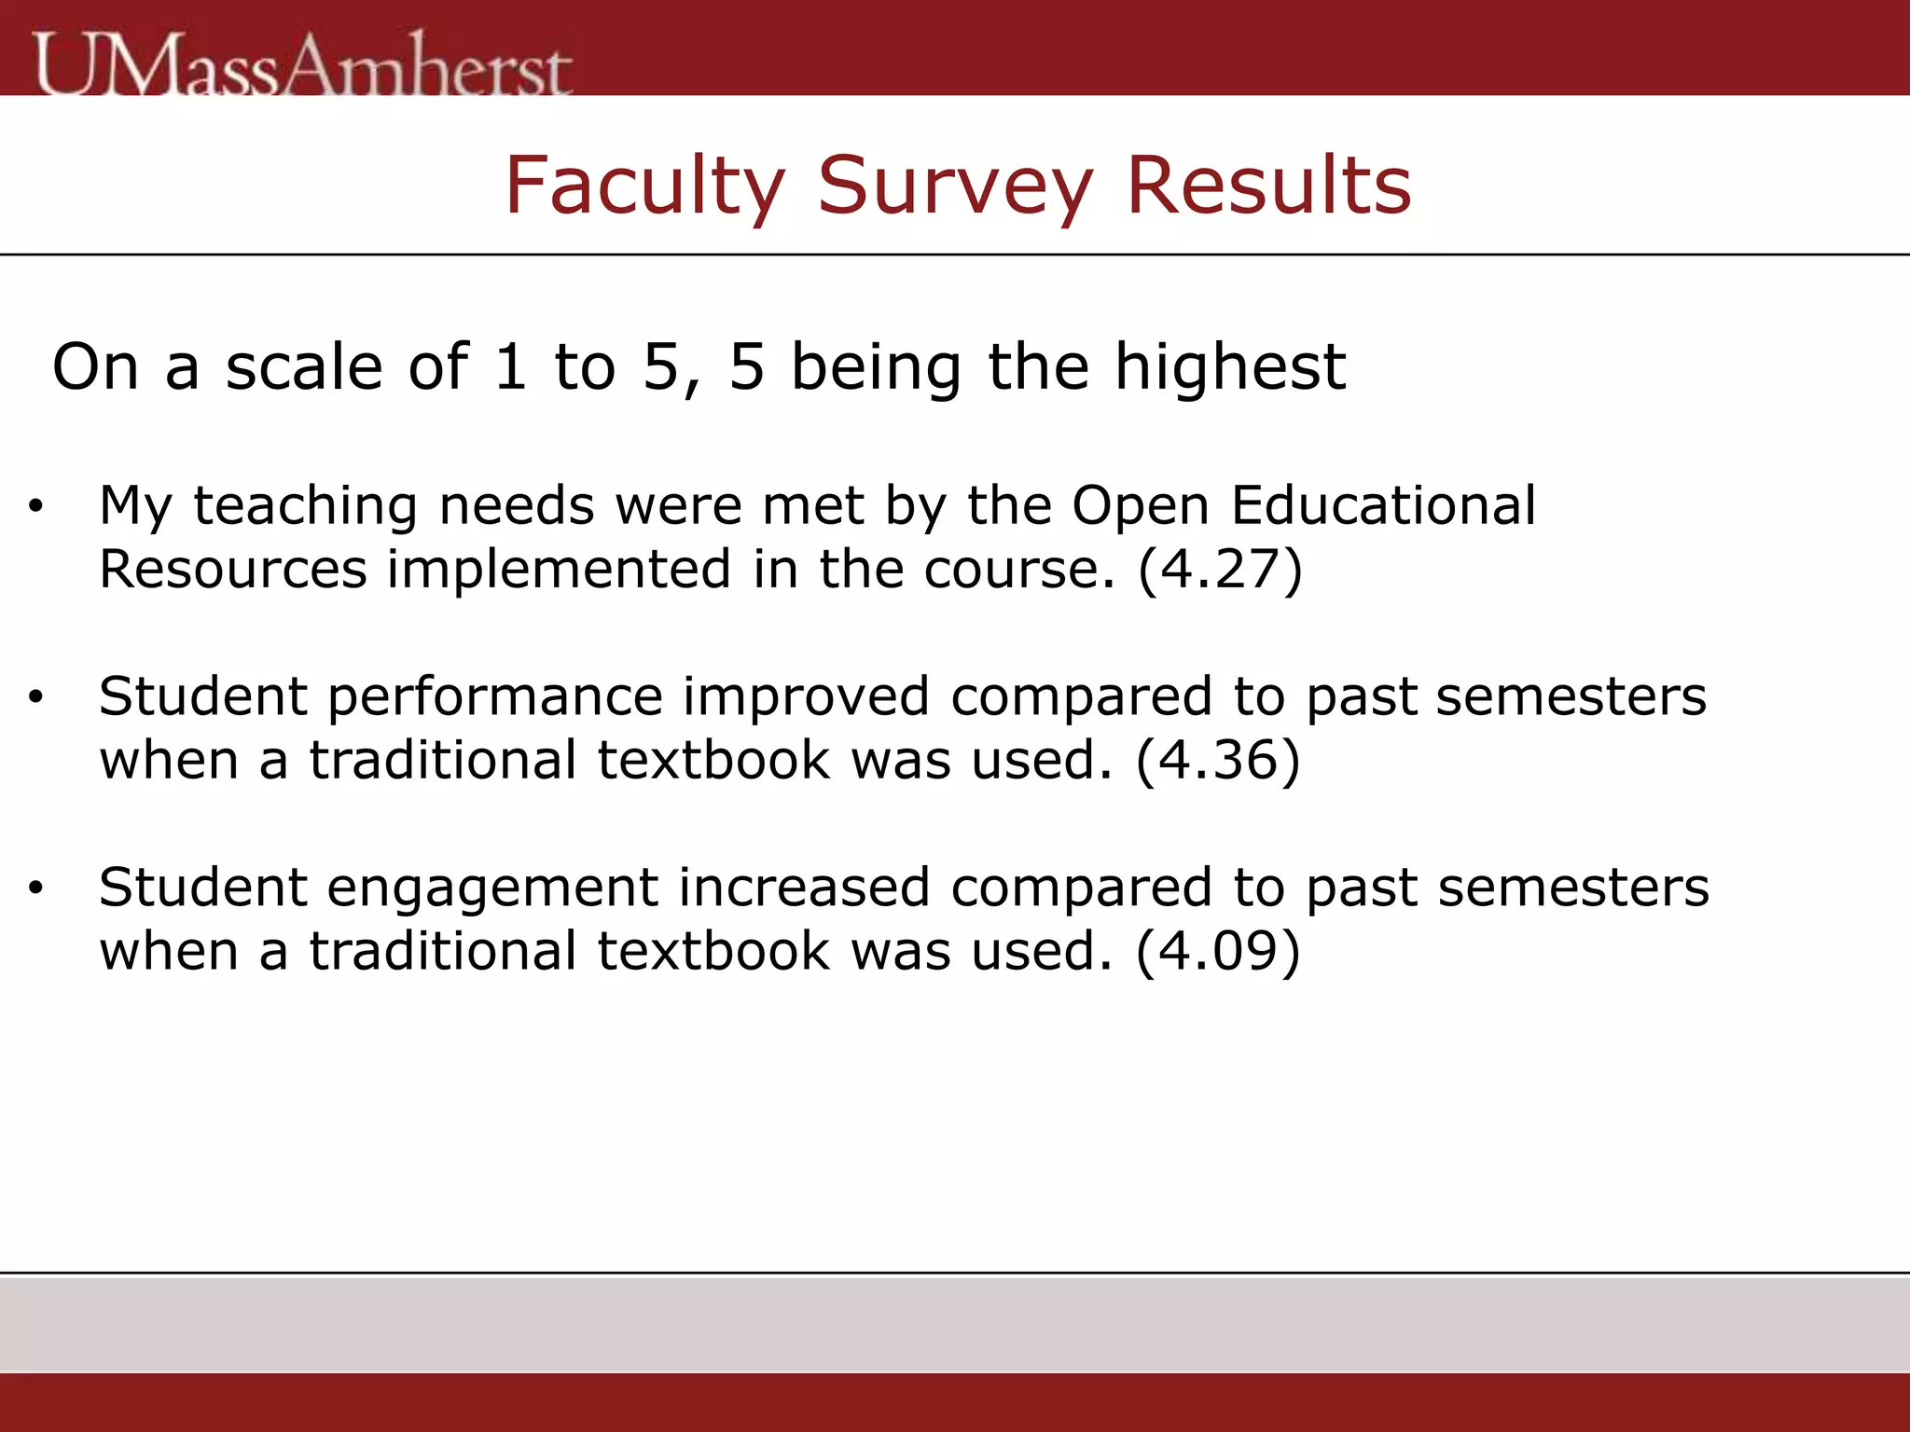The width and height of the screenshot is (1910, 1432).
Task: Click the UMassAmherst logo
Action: pos(303,63)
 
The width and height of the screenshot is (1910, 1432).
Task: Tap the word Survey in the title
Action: pos(955,186)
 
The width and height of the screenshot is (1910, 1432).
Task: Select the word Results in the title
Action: pos(1268,186)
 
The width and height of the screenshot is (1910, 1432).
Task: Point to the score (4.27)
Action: pos(1220,570)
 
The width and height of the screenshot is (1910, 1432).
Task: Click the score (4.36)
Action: pos(1218,761)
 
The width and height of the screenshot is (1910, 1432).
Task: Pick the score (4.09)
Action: pos(1218,952)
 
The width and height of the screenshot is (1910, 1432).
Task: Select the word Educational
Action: pos(1383,506)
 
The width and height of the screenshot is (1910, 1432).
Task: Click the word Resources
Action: pos(233,570)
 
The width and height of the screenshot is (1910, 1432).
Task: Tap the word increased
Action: pos(804,888)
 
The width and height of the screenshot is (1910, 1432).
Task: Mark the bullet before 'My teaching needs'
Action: pos(35,507)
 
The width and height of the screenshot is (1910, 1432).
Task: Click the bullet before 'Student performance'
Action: pos(35,697)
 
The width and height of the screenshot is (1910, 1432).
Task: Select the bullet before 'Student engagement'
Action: pos(35,888)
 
